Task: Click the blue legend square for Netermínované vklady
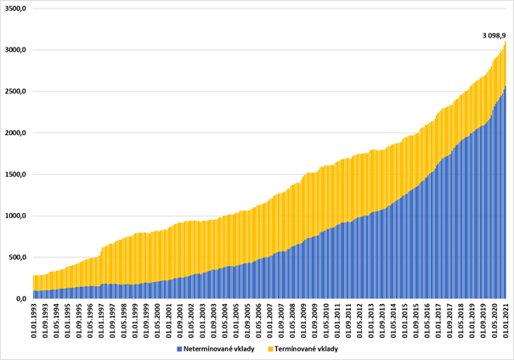click(179, 349)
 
